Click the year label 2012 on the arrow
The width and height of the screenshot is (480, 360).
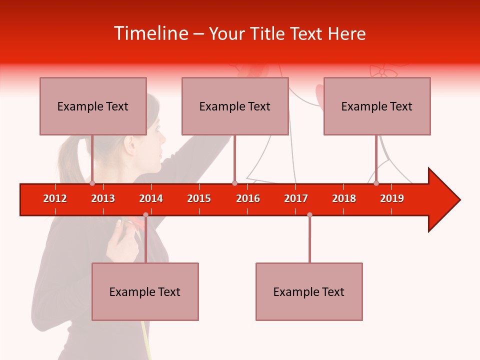click(55, 198)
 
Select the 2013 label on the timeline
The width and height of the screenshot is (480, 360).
click(103, 198)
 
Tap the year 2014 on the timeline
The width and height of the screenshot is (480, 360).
click(151, 198)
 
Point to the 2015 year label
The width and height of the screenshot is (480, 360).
click(199, 198)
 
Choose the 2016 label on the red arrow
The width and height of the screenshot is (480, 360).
click(248, 198)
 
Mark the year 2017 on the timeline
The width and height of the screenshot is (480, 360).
click(296, 198)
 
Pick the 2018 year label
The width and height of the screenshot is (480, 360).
click(344, 198)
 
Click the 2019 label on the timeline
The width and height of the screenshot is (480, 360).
click(392, 198)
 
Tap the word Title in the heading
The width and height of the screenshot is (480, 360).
click(269, 33)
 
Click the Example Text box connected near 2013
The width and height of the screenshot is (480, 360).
click(93, 106)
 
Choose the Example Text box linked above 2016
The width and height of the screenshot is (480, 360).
click(235, 106)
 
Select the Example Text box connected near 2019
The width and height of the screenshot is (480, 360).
click(377, 106)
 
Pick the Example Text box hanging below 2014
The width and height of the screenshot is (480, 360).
click(145, 291)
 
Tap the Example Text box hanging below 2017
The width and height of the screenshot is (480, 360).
click(309, 291)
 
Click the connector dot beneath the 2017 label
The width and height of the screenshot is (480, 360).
click(309, 215)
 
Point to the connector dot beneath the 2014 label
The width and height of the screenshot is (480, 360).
click(145, 215)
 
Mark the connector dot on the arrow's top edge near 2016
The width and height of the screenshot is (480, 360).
click(234, 183)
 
